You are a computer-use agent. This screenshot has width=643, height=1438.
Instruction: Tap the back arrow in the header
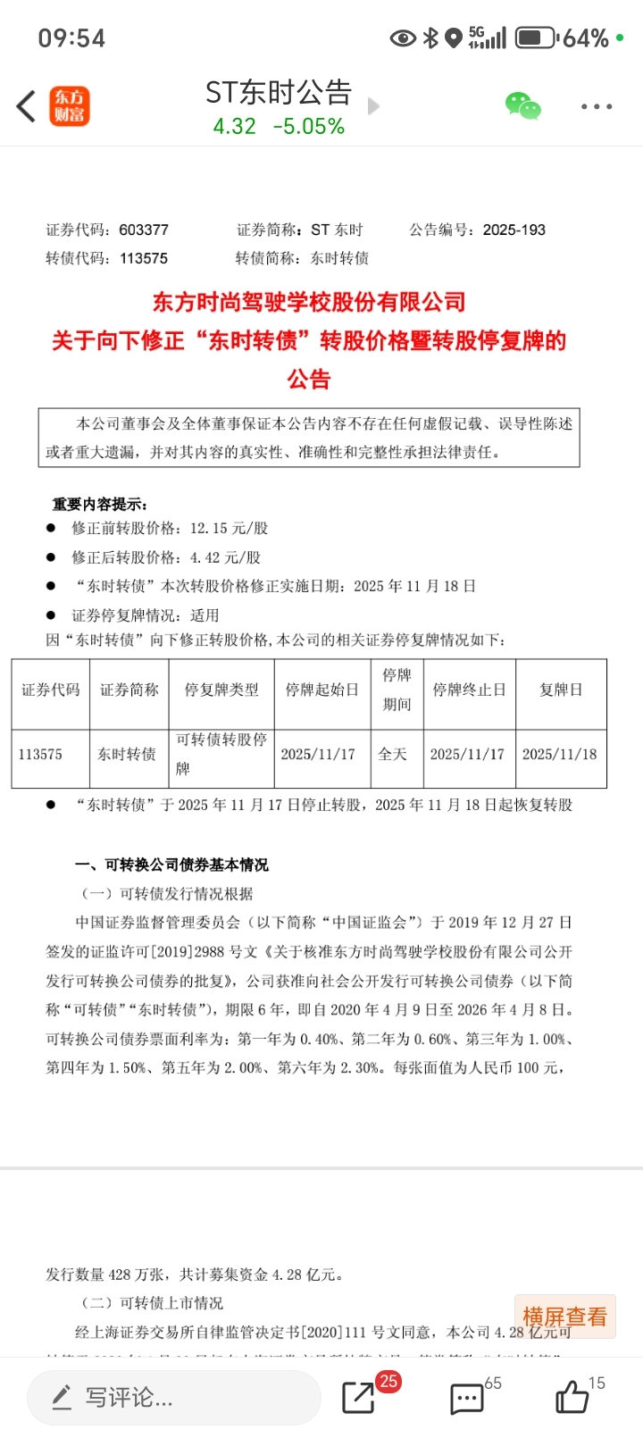point(26,106)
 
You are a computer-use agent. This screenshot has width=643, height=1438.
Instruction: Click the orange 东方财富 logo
point(69,106)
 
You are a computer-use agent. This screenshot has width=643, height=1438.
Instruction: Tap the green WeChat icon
point(523,106)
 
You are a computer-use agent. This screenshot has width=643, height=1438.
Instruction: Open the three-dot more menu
point(596,106)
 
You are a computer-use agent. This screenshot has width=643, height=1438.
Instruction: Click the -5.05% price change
point(309,127)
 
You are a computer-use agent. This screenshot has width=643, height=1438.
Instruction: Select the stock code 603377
point(144,230)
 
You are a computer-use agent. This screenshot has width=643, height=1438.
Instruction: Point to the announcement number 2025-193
point(514,230)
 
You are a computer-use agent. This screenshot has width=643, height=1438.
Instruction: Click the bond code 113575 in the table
point(41,754)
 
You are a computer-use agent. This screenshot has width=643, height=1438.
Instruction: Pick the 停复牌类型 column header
point(221,690)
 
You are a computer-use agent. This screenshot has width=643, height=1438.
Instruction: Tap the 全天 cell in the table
point(393,754)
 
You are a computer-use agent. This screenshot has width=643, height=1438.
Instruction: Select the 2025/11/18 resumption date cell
point(559,754)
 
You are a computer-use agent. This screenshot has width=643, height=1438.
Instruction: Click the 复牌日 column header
point(561,690)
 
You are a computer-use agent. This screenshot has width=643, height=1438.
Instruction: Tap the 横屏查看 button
point(564,1317)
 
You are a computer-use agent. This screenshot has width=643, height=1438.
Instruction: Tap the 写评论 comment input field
point(174,1397)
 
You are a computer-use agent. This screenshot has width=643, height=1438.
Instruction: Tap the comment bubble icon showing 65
point(466,1399)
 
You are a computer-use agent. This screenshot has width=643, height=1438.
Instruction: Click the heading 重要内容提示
point(100,504)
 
